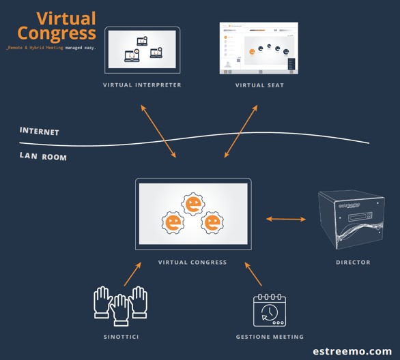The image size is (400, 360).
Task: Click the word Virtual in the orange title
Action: point(66,18)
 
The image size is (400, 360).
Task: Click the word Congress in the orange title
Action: point(57,33)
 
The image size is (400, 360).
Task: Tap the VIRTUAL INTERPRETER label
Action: point(142,85)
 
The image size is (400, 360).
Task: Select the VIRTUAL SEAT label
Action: point(259,85)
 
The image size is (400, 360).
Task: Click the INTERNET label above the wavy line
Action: point(39,131)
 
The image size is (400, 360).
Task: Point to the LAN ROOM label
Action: point(43,157)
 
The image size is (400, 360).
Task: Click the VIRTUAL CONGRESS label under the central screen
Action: point(192,262)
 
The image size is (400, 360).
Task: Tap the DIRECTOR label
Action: point(353,262)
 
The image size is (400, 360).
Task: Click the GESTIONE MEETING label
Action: point(270,336)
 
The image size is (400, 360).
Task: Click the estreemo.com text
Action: point(352,351)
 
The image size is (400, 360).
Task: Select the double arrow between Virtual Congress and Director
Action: point(286,219)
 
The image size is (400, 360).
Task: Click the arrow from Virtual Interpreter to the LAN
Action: point(158,131)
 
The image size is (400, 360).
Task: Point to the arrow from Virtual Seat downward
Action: point(241,131)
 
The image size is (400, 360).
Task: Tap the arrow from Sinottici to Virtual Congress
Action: point(132,275)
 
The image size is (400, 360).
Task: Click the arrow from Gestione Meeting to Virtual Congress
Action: point(253,275)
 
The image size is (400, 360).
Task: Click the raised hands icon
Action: point(120,304)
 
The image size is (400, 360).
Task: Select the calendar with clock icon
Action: point(269,310)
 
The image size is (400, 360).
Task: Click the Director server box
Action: point(352,220)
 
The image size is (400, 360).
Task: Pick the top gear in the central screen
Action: point(194,203)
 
